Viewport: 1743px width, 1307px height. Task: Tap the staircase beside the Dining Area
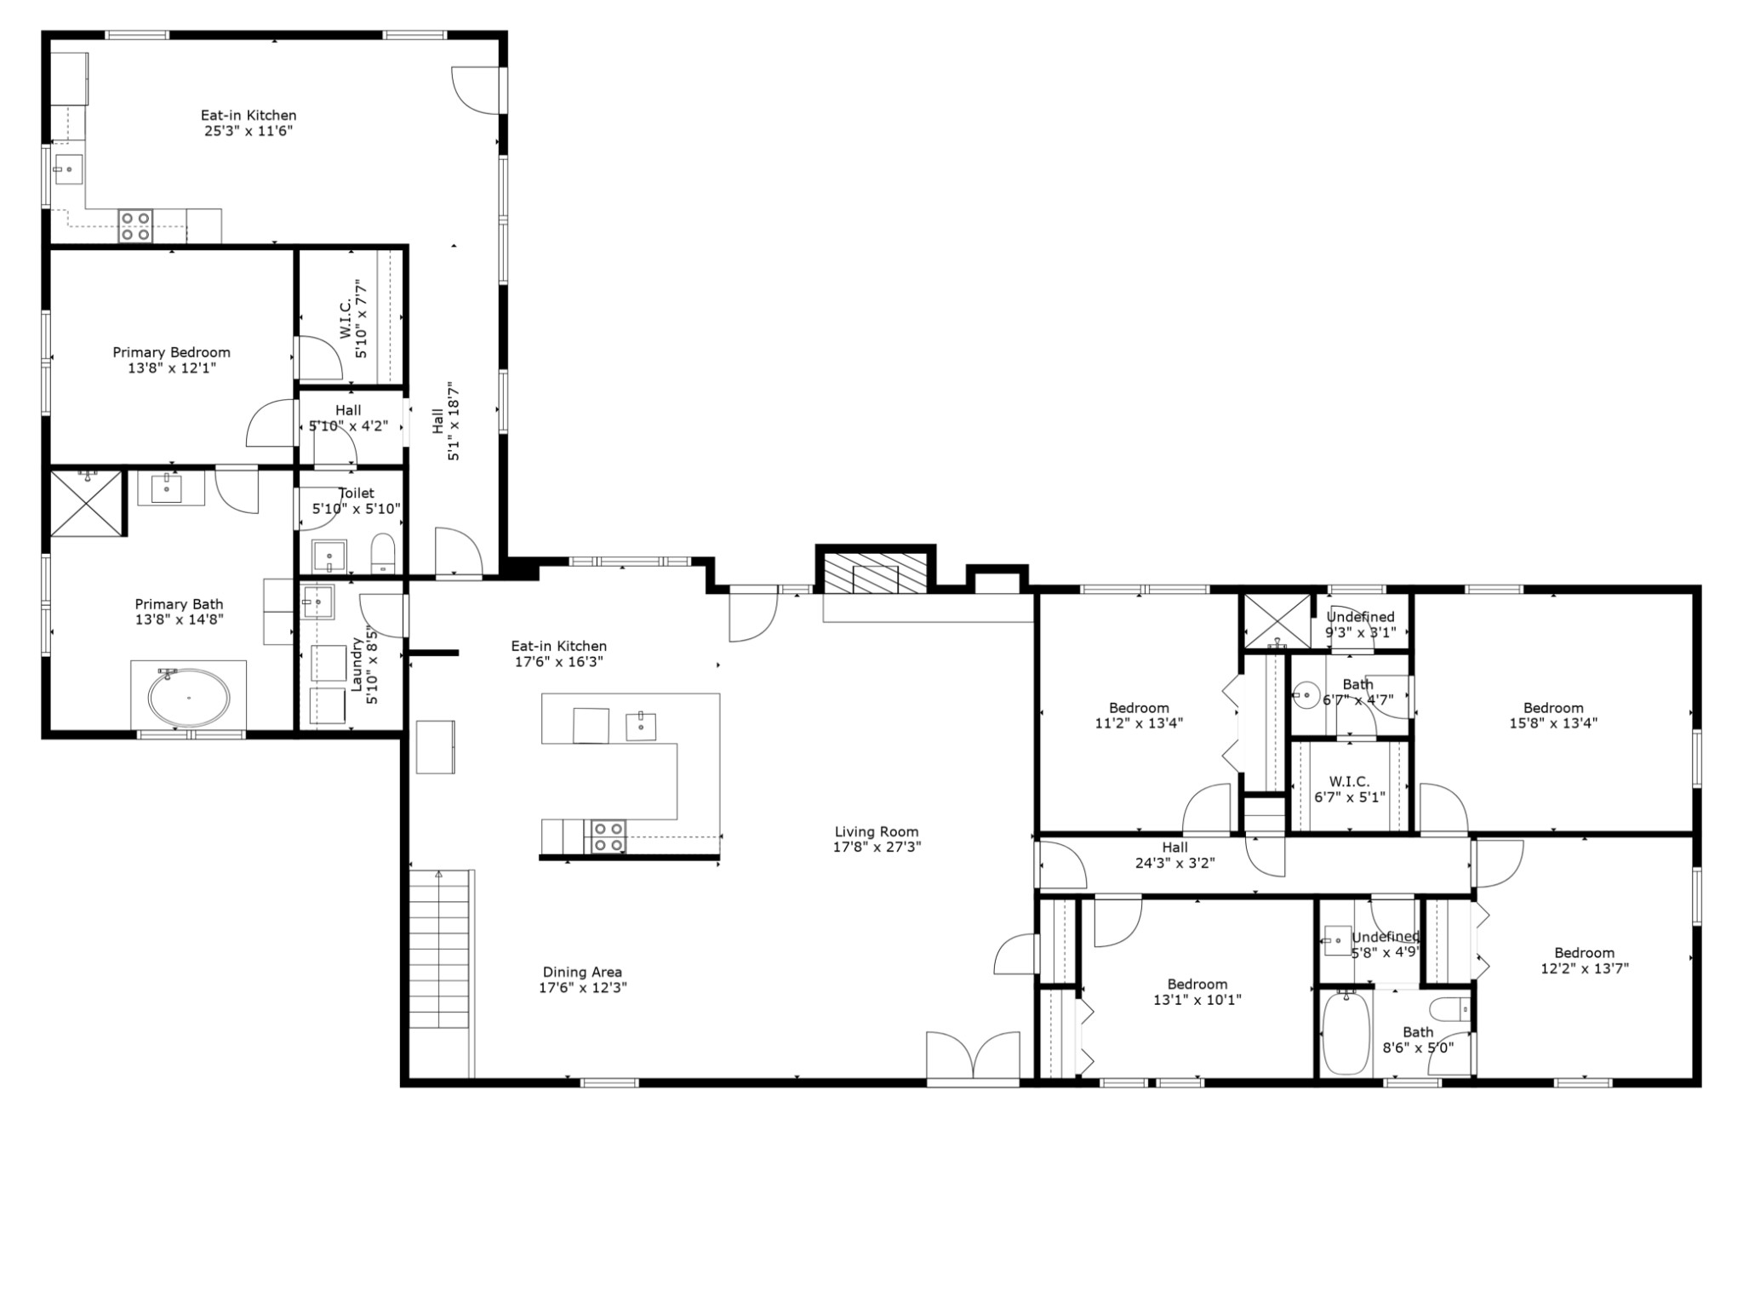pos(440,974)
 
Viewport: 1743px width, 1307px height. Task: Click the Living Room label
pos(877,840)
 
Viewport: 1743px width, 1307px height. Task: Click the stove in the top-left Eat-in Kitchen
pos(135,226)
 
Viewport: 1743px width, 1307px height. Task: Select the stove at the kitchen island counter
pos(609,836)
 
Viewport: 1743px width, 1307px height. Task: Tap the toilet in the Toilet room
pos(384,553)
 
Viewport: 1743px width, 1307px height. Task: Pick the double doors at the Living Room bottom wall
pos(973,1059)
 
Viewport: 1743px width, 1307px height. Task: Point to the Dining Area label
pos(583,980)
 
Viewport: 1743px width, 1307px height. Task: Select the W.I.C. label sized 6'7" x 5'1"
pos(1350,789)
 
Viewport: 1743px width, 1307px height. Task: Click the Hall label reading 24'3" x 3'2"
pos(1175,855)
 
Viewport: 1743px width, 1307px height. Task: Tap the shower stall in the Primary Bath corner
pos(87,504)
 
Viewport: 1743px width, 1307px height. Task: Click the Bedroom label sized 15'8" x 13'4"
pos(1553,716)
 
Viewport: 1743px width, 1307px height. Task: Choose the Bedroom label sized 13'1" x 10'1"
pos(1197,992)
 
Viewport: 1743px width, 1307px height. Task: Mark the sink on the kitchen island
pos(641,726)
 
